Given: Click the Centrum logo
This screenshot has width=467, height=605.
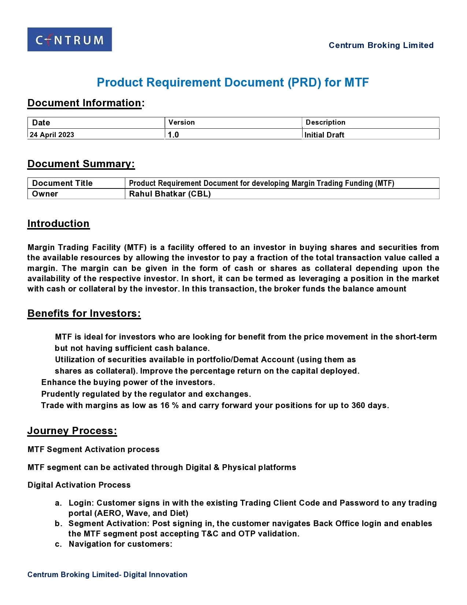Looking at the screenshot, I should pos(70,40).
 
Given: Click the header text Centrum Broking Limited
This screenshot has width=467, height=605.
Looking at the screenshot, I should pos(381,45).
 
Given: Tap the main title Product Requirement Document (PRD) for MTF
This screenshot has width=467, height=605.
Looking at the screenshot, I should pos(233,82).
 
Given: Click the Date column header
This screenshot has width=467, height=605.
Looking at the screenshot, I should pos(41,122).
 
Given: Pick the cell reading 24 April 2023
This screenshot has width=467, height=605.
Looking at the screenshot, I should pos(52,135).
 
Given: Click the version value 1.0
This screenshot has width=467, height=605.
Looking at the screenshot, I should pos(173,135).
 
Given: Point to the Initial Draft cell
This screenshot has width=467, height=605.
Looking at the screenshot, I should pos(324,135).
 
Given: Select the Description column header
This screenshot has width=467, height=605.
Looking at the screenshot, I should pos(325,122).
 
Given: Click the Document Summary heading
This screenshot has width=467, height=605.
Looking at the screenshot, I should pos(81,164).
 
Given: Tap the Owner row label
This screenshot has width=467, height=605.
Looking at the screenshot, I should pos(45,194).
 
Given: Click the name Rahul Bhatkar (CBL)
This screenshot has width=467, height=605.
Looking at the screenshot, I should pos(170,194).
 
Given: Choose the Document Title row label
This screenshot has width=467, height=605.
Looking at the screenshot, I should pos(62,183).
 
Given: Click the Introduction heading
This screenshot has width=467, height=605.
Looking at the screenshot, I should pos(58,224).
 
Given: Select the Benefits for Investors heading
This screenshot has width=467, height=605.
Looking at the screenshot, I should pos(84,313).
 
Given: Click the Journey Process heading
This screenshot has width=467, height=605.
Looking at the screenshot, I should pos(72,431).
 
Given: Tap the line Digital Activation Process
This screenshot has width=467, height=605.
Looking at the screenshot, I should pos(79,485).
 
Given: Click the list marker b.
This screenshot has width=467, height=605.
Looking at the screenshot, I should pos(58,524).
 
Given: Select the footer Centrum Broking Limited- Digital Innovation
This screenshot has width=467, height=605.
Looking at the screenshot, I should pos(107,575).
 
